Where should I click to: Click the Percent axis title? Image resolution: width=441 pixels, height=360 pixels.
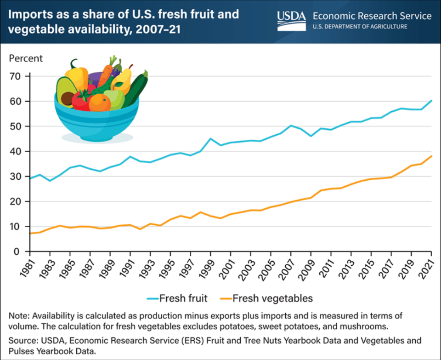click(26, 58)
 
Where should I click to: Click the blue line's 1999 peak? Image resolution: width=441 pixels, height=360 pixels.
click(210, 138)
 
